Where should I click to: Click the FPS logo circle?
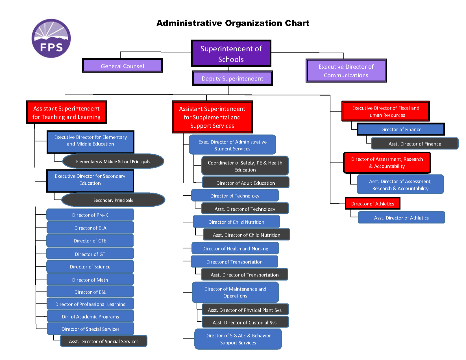click(51, 38)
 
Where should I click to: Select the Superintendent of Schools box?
click(231, 53)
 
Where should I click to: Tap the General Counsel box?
click(122, 66)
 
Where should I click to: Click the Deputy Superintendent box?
click(232, 78)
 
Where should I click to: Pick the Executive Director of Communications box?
click(346, 71)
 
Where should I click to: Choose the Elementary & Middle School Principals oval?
click(113, 162)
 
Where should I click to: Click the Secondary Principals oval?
click(113, 200)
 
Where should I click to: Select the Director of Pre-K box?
click(90, 215)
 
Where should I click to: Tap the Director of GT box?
click(90, 254)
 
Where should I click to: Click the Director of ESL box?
click(90, 292)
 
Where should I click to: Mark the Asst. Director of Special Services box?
click(104, 341)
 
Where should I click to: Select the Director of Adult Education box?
click(246, 183)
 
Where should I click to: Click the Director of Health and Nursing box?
click(235, 248)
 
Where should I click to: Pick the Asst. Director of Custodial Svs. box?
click(245, 322)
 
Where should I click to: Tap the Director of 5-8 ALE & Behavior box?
click(238, 339)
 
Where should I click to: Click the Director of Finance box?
click(401, 129)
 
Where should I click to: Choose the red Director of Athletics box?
click(373, 204)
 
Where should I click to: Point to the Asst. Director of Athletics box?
click(401, 218)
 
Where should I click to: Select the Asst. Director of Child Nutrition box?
click(247, 235)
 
